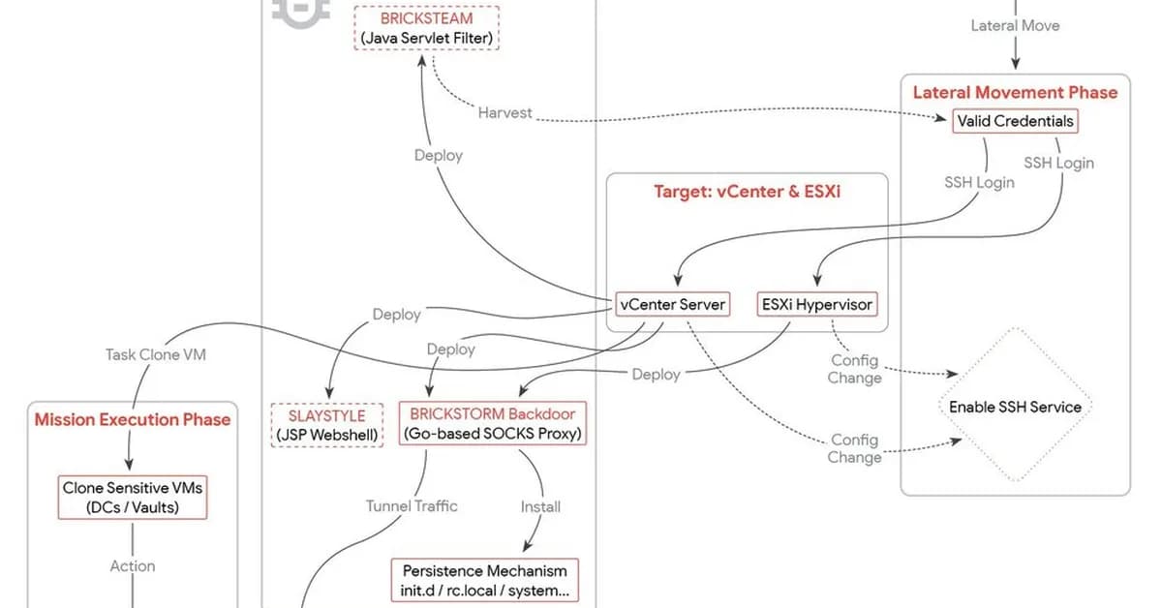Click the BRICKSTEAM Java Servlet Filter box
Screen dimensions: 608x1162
coord(427,28)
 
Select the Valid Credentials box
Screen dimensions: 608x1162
coord(1015,122)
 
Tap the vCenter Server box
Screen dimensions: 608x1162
coord(673,304)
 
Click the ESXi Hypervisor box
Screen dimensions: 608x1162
coord(816,304)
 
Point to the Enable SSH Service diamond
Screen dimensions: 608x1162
coord(1015,407)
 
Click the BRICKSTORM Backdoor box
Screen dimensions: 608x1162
coord(492,424)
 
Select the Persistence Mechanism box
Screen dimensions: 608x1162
coord(485,581)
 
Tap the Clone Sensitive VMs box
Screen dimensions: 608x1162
coord(134,497)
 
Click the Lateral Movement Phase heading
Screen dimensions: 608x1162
coord(1015,93)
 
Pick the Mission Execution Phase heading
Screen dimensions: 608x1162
coord(133,419)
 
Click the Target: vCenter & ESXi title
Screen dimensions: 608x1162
coord(748,192)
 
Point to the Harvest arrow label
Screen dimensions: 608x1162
coord(505,113)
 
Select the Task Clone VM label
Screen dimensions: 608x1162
coord(155,354)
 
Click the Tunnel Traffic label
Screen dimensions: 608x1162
coord(412,505)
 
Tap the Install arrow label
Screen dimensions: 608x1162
coord(540,505)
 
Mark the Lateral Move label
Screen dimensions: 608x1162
coord(1015,25)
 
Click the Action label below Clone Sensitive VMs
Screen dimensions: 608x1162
coord(133,565)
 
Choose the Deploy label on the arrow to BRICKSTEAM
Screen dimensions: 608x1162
coord(438,155)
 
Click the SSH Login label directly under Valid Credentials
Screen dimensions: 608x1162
coord(979,182)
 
